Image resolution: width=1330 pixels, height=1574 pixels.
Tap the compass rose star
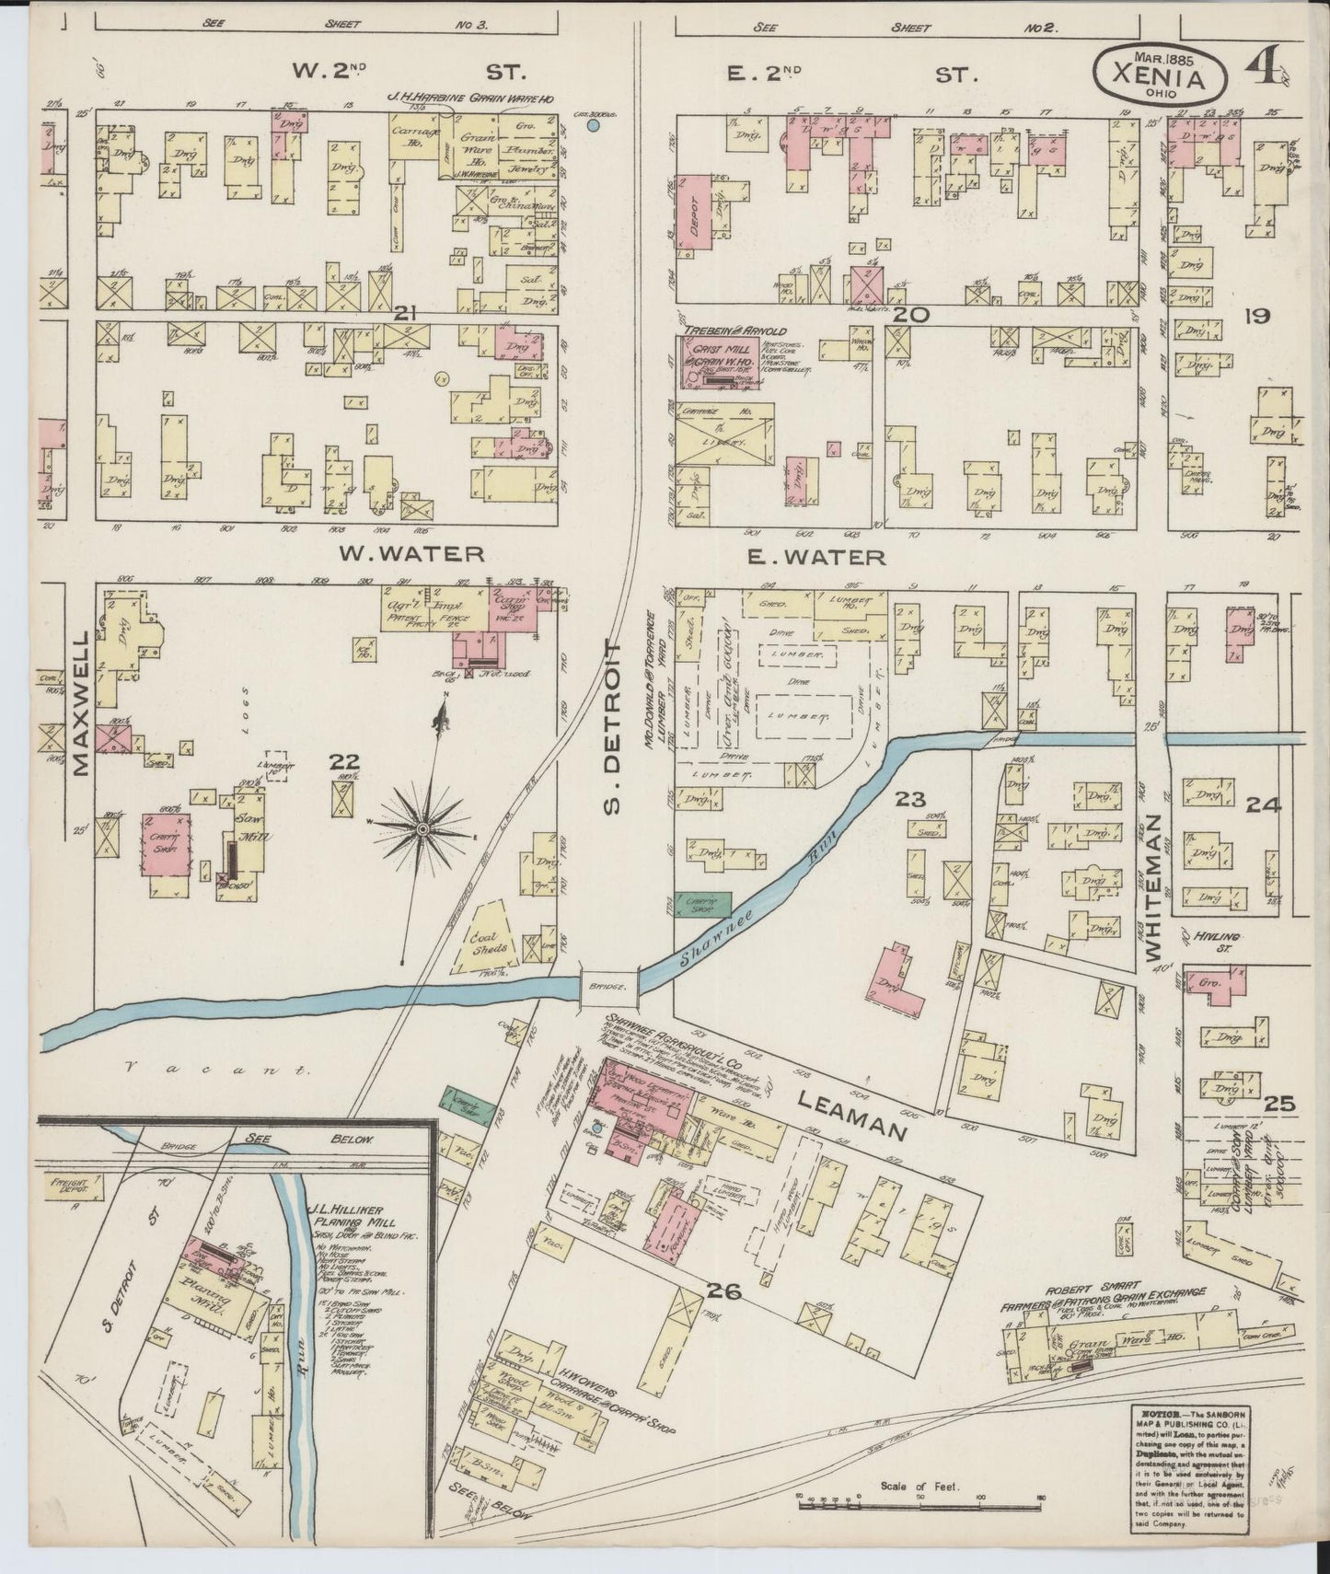(422, 829)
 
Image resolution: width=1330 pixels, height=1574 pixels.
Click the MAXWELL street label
(81, 703)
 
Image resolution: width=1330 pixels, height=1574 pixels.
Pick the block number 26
(726, 1291)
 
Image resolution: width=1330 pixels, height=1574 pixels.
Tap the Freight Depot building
(67, 1187)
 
